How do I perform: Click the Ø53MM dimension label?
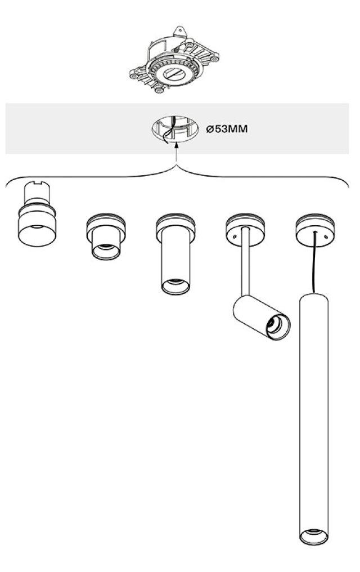[227, 129]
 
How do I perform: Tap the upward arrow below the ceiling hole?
[177, 152]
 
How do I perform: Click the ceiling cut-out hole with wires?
[175, 129]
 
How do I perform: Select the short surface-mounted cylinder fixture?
[106, 237]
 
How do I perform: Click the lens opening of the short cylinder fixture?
[106, 251]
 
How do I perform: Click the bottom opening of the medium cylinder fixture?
[175, 286]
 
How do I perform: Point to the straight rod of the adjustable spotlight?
[245, 262]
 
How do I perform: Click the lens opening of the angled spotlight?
[278, 327]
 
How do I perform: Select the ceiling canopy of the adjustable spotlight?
[245, 231]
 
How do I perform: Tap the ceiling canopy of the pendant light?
[315, 231]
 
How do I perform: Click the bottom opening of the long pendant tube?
[314, 537]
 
